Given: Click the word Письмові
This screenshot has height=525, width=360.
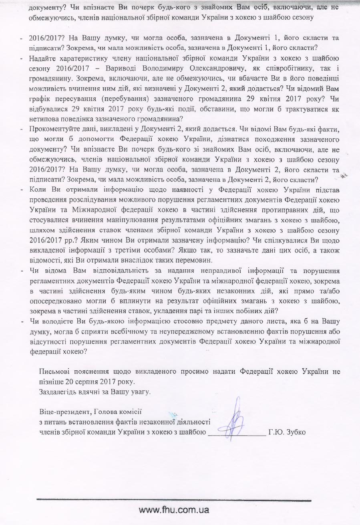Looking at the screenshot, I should [x=54, y=372].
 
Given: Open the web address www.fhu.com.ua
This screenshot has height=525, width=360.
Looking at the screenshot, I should [x=174, y=510].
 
